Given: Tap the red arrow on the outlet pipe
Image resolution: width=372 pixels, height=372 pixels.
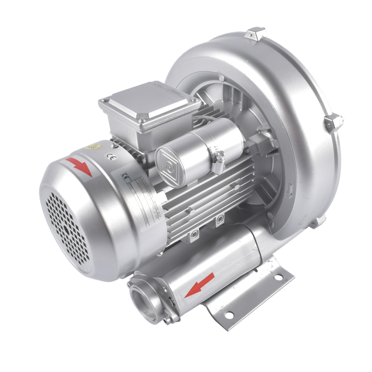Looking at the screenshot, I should [200, 283].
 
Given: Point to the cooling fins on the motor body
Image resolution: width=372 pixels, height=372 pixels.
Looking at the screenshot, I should [205, 192].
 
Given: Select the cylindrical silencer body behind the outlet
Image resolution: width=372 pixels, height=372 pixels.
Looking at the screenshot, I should [248, 248].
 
